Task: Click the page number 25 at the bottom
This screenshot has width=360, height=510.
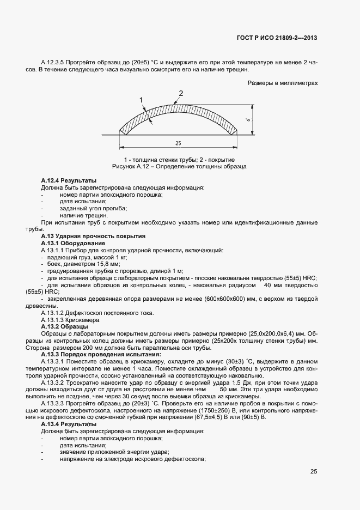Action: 314,471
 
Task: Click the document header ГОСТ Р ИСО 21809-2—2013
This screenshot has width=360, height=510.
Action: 277,38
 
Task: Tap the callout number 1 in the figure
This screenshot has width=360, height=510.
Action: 141,100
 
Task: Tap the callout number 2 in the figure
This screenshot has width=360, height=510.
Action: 181,93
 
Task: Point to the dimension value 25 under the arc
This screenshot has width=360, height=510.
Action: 178,143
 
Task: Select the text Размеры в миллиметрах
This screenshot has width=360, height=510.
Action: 283,83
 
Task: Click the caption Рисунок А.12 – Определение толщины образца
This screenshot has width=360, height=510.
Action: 179,166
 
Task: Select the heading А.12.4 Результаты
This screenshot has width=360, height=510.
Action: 69,180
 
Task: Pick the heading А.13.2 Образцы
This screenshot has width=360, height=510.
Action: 64,326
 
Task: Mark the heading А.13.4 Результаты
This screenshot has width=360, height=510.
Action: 69,423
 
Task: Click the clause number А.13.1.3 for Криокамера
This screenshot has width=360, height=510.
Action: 53,319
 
